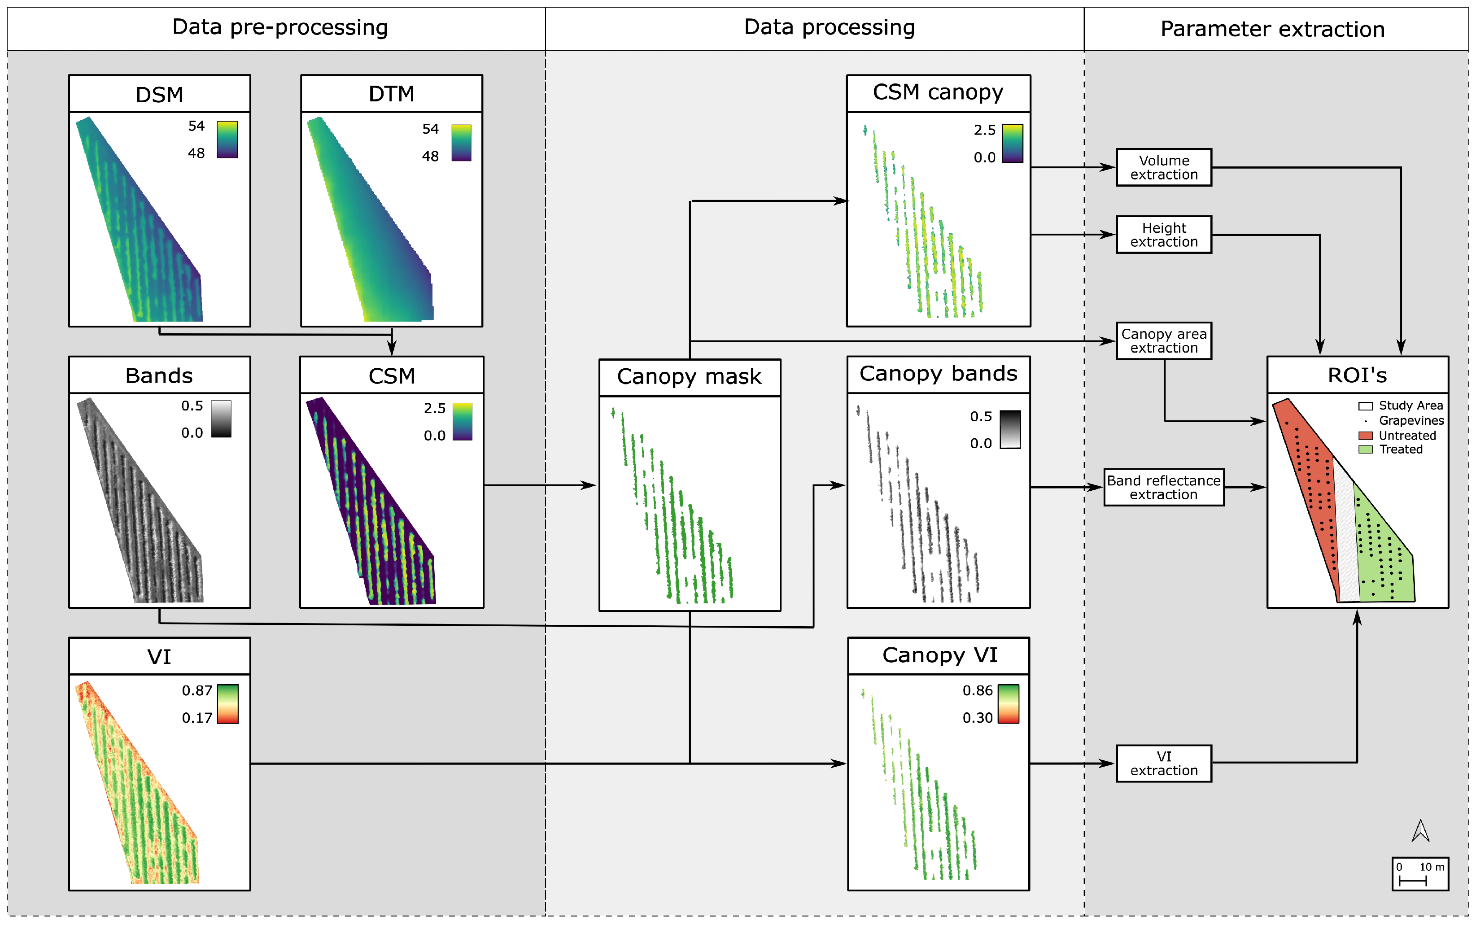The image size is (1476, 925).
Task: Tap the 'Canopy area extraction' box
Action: [x=1163, y=341]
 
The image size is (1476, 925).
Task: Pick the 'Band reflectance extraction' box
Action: [x=1163, y=488]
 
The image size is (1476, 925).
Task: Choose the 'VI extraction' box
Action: [x=1163, y=764]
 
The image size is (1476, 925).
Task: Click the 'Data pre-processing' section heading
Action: [x=280, y=27]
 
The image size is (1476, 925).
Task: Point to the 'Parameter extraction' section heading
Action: [x=1272, y=29]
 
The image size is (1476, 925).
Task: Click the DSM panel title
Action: [x=159, y=95]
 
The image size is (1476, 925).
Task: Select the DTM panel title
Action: [x=392, y=94]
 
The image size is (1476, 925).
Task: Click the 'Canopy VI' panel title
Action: [x=939, y=656]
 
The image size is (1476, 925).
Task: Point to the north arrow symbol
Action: [x=1420, y=831]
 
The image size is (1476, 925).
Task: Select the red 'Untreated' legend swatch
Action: [x=1365, y=436]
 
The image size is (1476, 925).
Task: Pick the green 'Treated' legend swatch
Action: [x=1365, y=449]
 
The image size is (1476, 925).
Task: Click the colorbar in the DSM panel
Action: [x=227, y=140]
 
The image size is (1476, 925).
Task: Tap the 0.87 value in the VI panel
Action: [x=197, y=691]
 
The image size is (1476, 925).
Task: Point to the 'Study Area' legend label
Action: [x=1410, y=406]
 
